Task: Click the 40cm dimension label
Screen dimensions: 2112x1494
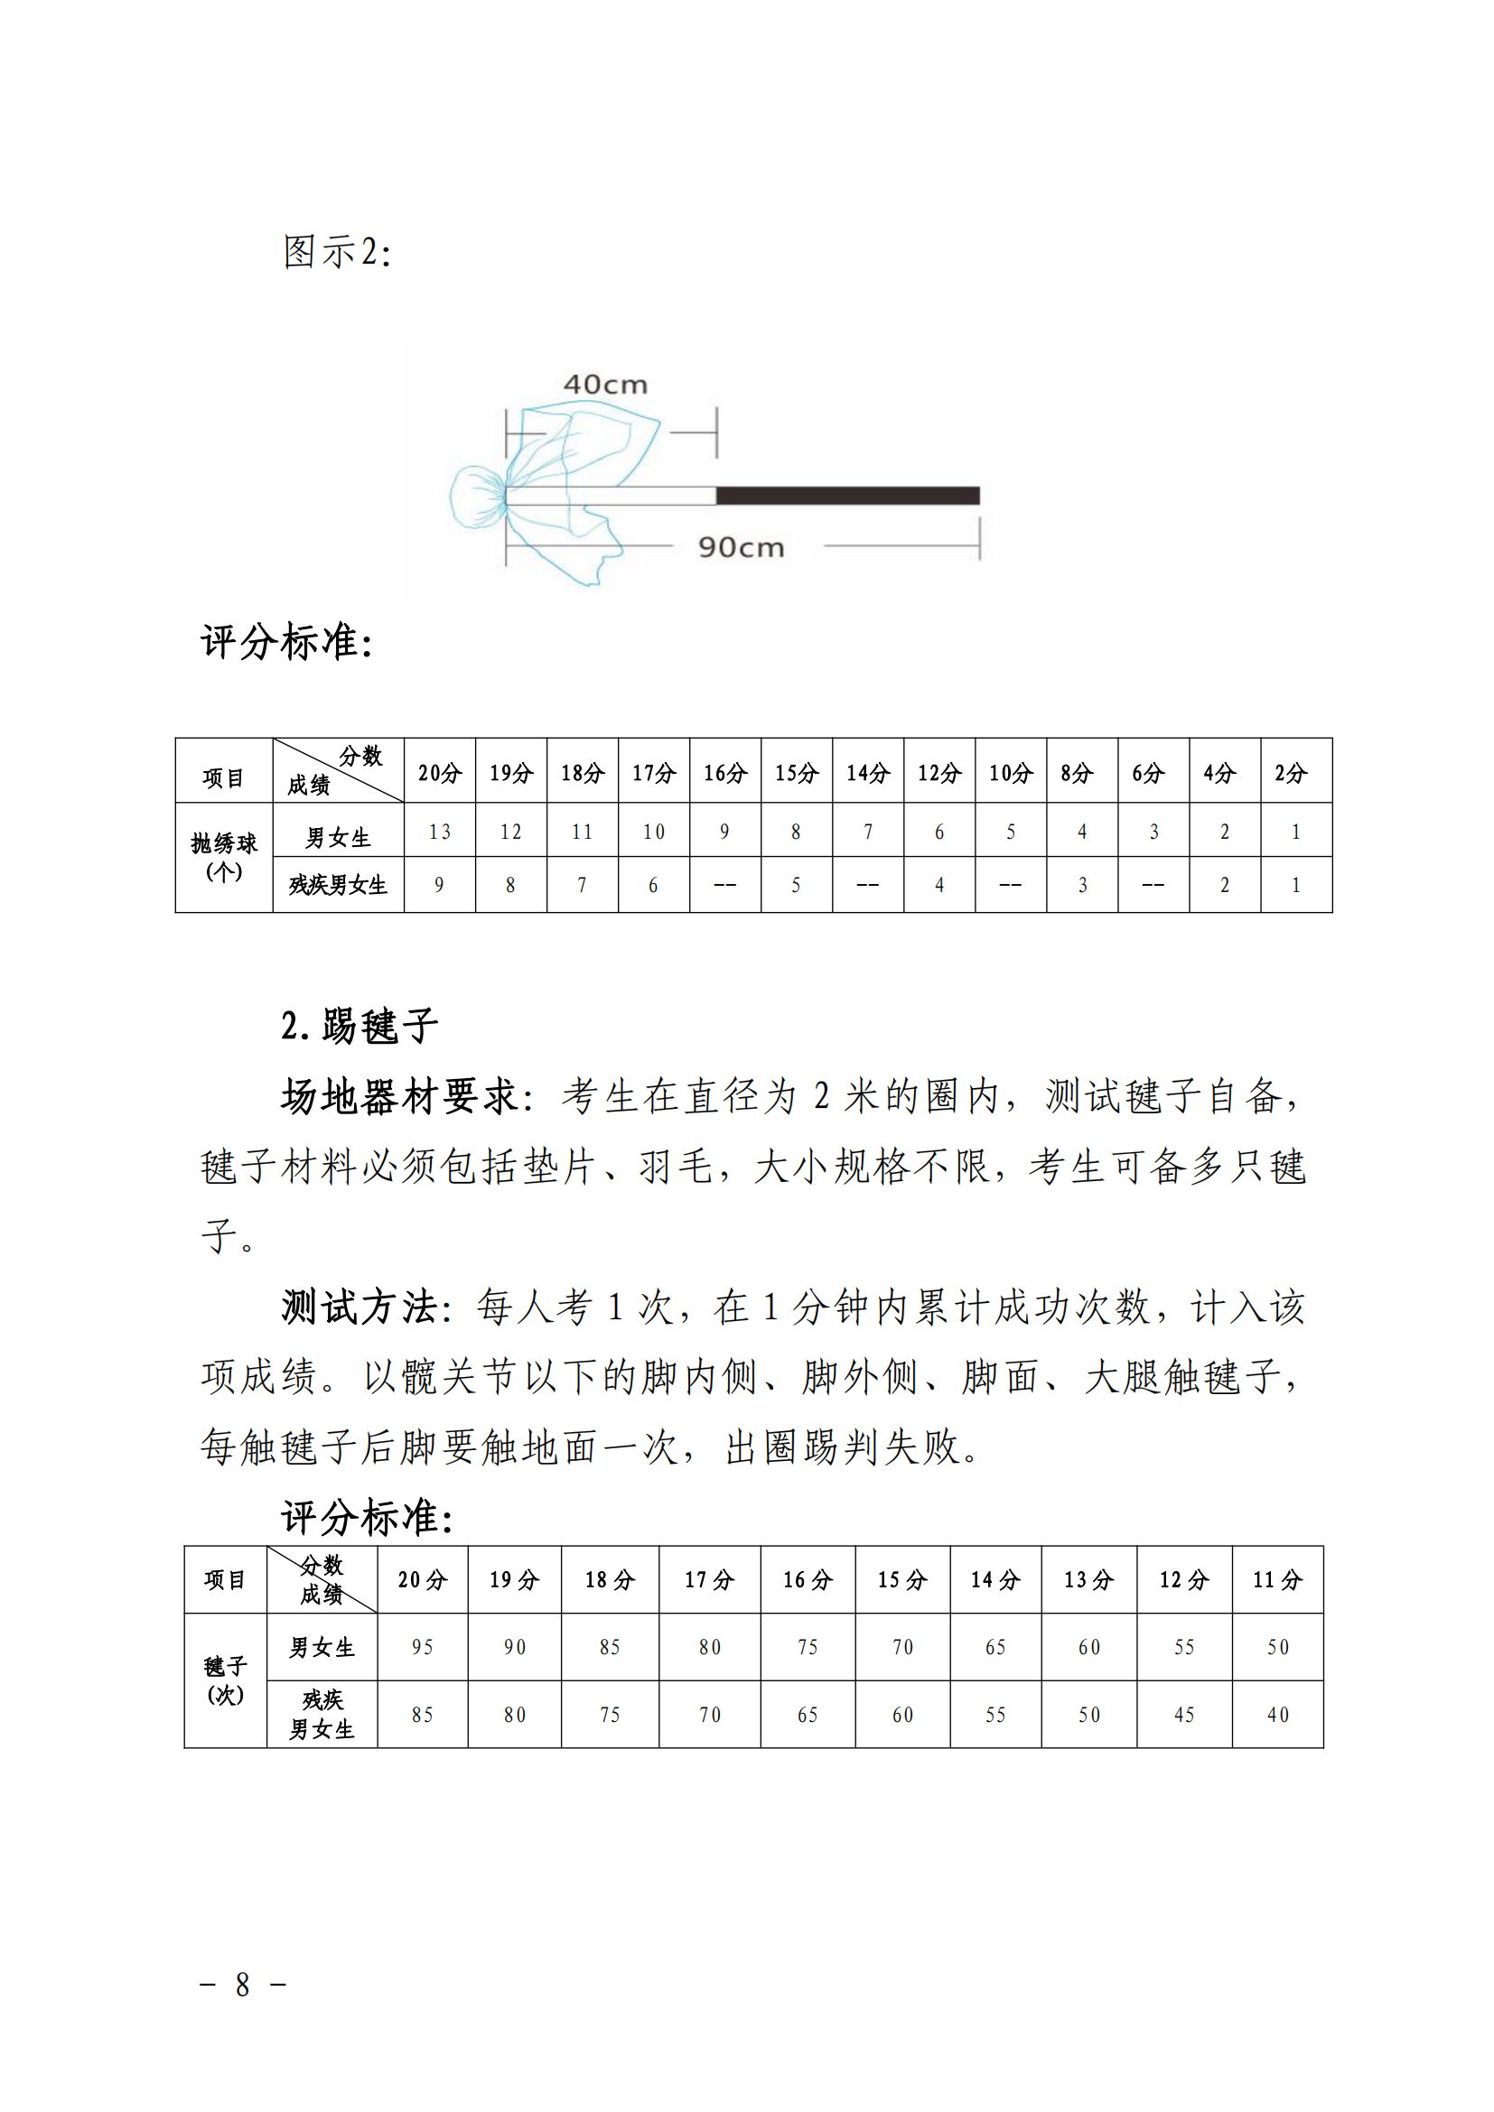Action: click(x=605, y=385)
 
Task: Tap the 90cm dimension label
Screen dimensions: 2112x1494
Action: click(x=741, y=547)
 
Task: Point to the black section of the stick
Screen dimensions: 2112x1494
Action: click(x=847, y=496)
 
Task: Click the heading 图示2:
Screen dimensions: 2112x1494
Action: click(x=337, y=252)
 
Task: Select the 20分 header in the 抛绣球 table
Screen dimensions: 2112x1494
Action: click(x=439, y=773)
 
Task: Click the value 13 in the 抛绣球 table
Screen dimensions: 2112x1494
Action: click(x=439, y=832)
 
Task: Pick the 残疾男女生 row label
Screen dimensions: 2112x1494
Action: click(x=338, y=885)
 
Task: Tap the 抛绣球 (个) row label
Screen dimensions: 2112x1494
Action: click(x=223, y=857)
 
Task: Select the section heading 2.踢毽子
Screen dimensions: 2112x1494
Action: click(x=359, y=1026)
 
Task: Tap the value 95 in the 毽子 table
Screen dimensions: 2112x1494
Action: click(x=422, y=1648)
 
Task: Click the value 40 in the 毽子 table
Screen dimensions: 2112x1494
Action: click(x=1277, y=1715)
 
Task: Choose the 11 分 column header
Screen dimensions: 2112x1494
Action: click(x=1277, y=1580)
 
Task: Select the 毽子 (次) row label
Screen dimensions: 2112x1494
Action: click(x=226, y=1680)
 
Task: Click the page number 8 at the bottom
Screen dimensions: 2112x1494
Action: click(x=242, y=1985)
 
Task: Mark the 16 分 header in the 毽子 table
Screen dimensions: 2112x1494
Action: click(x=807, y=1580)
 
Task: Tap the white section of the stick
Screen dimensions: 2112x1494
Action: click(x=611, y=496)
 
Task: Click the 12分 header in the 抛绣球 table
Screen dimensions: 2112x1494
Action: click(x=938, y=773)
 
